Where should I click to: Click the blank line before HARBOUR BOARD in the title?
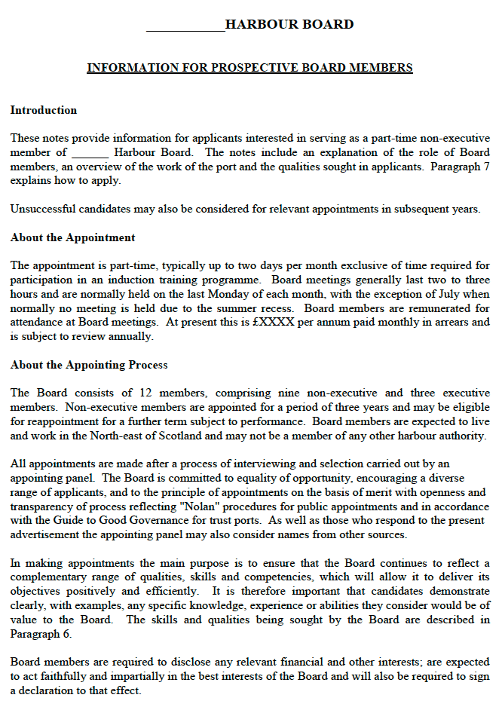tap(185, 27)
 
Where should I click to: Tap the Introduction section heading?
tap(44, 110)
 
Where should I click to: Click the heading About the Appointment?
tap(73, 237)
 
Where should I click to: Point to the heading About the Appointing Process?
tap(89, 365)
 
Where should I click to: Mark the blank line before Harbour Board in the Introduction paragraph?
tap(90, 153)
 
